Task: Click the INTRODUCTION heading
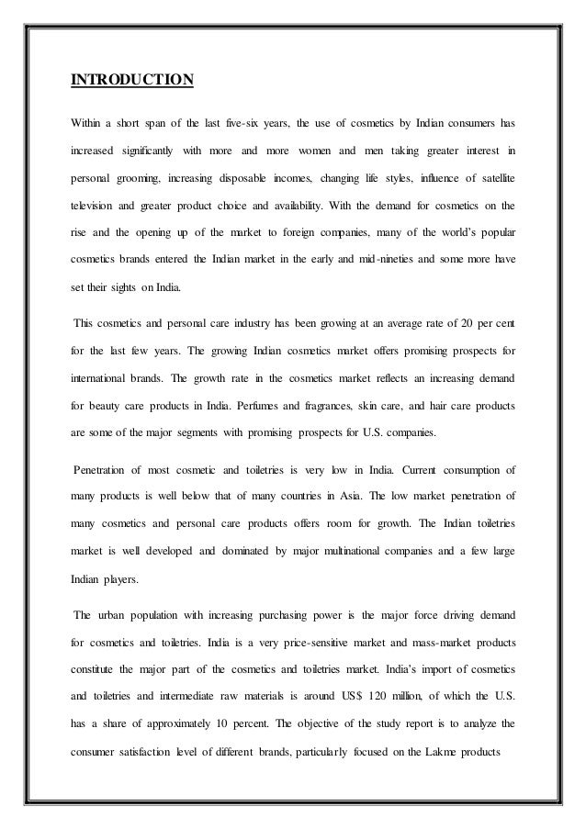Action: [x=132, y=80]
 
